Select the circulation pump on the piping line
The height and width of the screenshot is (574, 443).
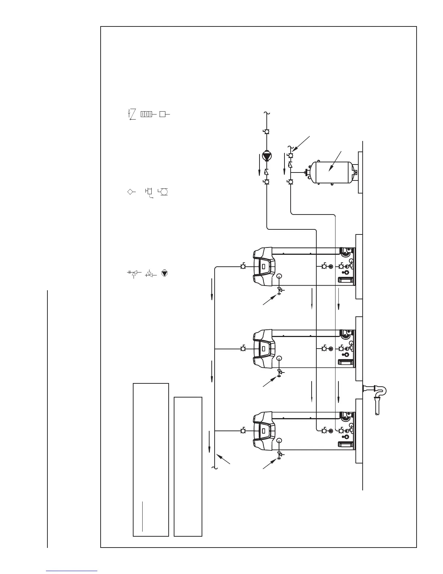point(267,157)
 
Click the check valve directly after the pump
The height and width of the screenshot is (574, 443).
point(267,172)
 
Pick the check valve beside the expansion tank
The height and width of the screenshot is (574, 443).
point(290,165)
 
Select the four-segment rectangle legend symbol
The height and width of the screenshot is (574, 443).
point(146,114)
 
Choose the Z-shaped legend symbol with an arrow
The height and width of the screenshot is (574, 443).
point(132,114)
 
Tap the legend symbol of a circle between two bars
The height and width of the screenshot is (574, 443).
point(164,192)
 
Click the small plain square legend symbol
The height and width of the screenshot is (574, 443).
point(163,114)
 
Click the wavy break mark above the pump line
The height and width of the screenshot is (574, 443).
point(267,114)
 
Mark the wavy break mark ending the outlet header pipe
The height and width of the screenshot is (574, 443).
point(215,468)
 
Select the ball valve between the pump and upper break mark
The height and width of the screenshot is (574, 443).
point(267,132)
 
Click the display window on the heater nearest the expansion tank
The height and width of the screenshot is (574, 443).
point(263,267)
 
